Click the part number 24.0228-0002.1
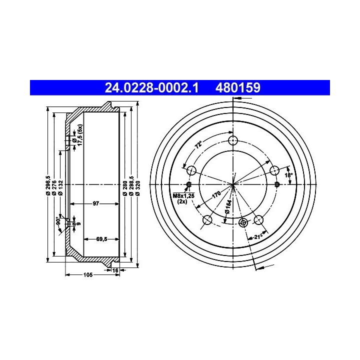pyautogui.click(x=151, y=87)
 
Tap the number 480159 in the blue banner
pyautogui.click(x=238, y=87)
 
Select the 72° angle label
pyautogui.click(x=198, y=145)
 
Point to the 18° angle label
pyautogui.click(x=288, y=175)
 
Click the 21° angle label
pyautogui.click(x=258, y=236)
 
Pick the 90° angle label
pyautogui.click(x=58, y=220)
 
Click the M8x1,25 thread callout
pyautogui.click(x=183, y=196)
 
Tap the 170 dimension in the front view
pyautogui.click(x=216, y=194)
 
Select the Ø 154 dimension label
pyautogui.click(x=228, y=206)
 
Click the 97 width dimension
pyautogui.click(x=95, y=203)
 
